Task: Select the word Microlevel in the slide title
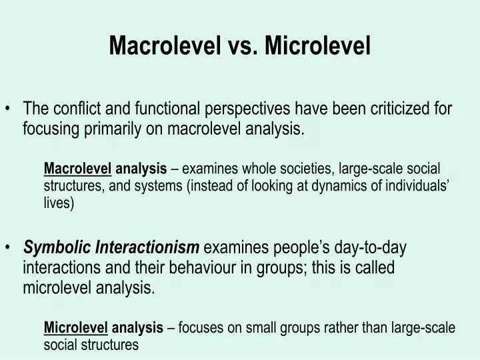coord(316,45)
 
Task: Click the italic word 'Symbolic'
coord(58,248)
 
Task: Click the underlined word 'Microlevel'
coord(75,327)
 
